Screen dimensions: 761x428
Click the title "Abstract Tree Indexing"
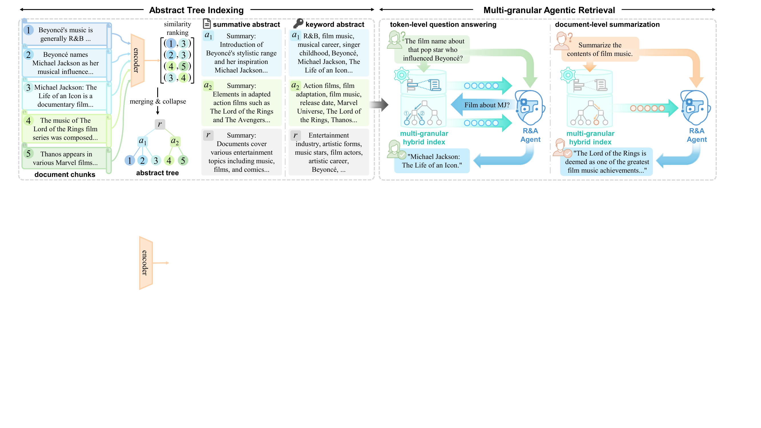click(x=196, y=10)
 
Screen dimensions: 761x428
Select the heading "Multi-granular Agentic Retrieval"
click(x=549, y=10)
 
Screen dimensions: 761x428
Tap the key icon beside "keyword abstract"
click(x=298, y=23)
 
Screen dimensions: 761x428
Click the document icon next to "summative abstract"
click(x=207, y=24)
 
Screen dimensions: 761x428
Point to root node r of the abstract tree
click(x=160, y=124)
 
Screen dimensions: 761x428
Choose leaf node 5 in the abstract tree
click(x=183, y=160)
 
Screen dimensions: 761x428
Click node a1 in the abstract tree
click(x=143, y=141)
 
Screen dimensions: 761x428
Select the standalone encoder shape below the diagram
click(x=146, y=263)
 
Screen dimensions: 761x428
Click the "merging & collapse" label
click(x=158, y=101)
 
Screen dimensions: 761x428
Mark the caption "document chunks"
click(x=65, y=174)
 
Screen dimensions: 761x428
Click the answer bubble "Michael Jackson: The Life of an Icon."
click(x=432, y=161)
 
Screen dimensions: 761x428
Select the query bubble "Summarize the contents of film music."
click(x=600, y=49)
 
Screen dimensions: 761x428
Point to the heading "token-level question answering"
click(x=443, y=25)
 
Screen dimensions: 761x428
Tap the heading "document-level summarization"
click(x=607, y=25)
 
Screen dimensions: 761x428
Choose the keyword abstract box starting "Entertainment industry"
click(x=329, y=152)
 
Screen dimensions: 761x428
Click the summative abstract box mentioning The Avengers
click(x=242, y=102)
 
